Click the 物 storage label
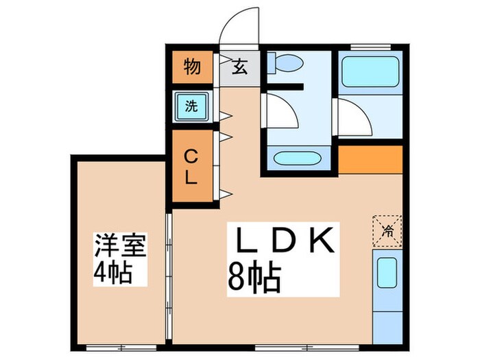pyautogui.click(x=191, y=68)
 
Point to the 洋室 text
pyautogui.click(x=121, y=245)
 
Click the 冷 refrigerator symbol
pyautogui.click(x=387, y=228)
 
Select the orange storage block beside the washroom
pyautogui.click(x=370, y=159)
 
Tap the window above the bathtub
pyautogui.click(x=370, y=46)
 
